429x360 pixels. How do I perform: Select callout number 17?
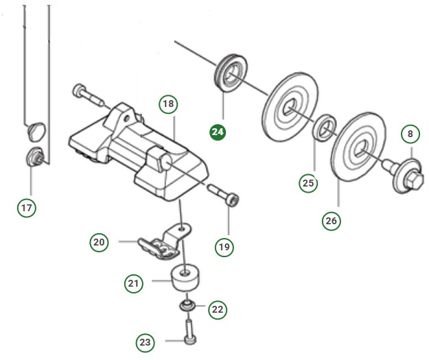[26, 206]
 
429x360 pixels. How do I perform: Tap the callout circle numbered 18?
[168, 104]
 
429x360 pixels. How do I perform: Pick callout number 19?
[224, 245]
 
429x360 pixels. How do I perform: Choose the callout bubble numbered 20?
[100, 241]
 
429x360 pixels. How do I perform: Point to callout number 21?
[133, 282]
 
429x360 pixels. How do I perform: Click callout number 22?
[217, 309]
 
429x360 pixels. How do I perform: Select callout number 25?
[309, 182]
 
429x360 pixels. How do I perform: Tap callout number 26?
[332, 220]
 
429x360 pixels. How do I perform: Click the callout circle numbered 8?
[410, 133]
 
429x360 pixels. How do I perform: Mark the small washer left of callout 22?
[186, 305]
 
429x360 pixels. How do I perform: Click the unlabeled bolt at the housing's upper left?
[86, 93]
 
